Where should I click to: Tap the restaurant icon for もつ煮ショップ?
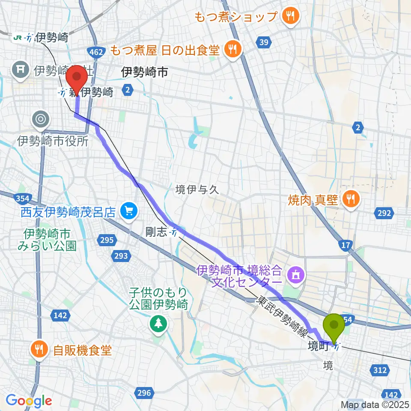[x=291, y=17]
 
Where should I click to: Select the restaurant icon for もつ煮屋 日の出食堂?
[x=232, y=50]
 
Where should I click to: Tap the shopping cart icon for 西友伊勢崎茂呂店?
[x=127, y=210]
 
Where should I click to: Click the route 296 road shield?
[x=144, y=392]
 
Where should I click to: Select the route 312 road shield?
[x=380, y=370]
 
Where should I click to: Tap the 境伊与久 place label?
[x=197, y=190]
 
